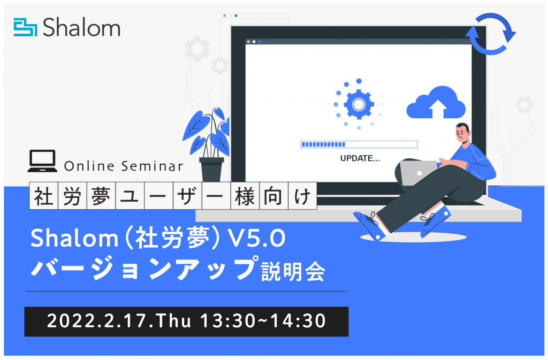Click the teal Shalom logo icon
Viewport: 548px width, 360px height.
pyautogui.click(x=25, y=27)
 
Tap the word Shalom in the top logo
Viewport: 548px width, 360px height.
pyautogui.click(x=81, y=27)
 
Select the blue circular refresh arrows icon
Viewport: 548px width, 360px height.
pyautogui.click(x=491, y=34)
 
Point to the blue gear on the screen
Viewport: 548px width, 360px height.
pyautogui.click(x=359, y=104)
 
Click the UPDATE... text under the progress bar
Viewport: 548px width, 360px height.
pyautogui.click(x=360, y=158)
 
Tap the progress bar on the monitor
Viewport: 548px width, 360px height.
pyautogui.click(x=359, y=144)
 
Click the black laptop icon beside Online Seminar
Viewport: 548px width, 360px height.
pyautogui.click(x=42, y=161)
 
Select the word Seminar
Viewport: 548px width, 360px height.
pyautogui.click(x=153, y=166)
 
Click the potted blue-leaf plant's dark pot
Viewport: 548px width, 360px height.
pyautogui.click(x=211, y=170)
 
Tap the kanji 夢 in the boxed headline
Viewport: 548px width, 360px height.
pyautogui.click(x=101, y=196)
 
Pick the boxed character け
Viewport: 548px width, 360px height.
pyautogui.click(x=303, y=196)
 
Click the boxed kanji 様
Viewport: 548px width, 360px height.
pyautogui.click(x=245, y=196)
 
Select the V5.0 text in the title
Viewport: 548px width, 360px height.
pyautogui.click(x=256, y=239)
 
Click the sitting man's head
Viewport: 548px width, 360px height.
pyautogui.click(x=463, y=132)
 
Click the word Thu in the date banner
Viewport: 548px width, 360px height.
pyautogui.click(x=174, y=321)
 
